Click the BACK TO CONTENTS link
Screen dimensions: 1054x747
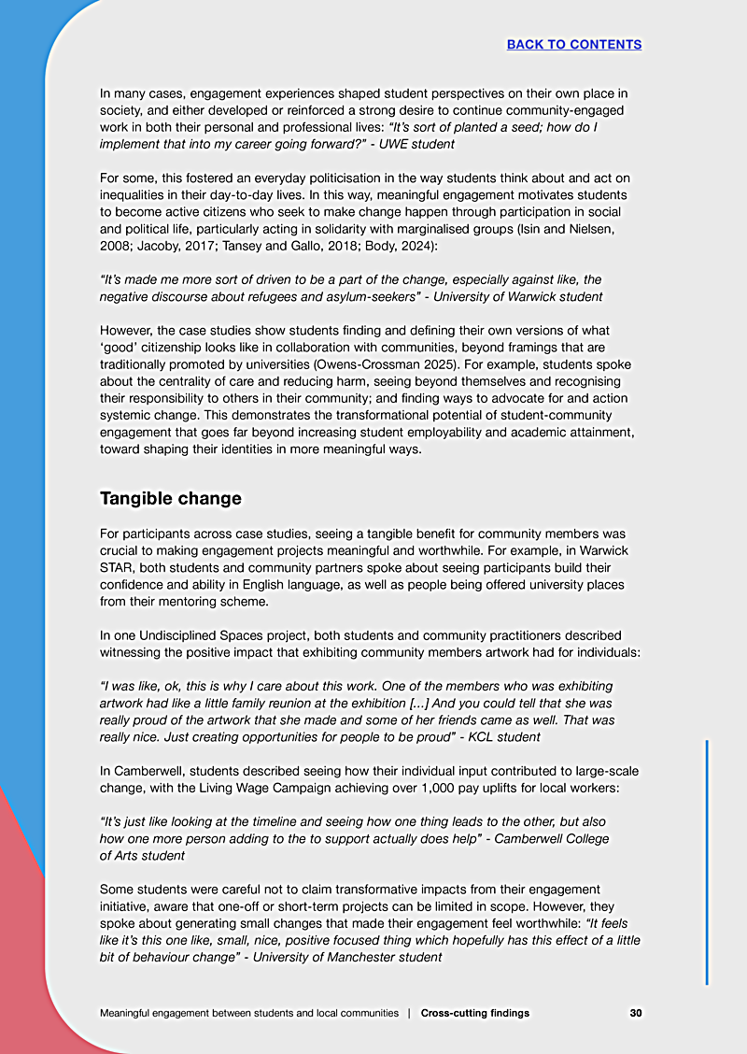(x=573, y=44)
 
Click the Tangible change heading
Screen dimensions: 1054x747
(x=170, y=498)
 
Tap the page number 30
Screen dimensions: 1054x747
(x=635, y=1013)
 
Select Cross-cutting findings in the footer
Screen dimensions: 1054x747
(x=474, y=1013)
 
